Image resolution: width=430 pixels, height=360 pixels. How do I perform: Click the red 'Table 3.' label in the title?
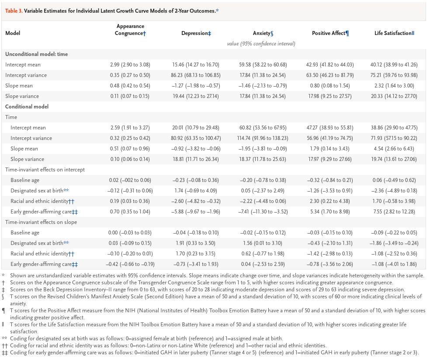(14, 11)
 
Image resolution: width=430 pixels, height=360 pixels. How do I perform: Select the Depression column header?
(196, 33)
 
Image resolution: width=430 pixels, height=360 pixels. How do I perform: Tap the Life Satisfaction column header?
(394, 33)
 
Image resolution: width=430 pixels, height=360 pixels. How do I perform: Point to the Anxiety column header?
(263, 33)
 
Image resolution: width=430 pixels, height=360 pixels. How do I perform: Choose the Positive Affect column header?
(330, 33)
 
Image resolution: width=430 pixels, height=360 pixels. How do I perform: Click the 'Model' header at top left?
(13, 33)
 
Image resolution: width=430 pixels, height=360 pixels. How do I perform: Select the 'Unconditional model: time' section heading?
(36, 54)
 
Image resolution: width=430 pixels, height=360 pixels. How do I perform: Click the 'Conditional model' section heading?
(27, 107)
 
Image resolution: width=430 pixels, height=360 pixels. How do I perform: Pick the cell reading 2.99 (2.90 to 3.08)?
(130, 65)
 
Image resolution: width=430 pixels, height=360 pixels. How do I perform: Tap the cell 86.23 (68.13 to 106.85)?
(195, 75)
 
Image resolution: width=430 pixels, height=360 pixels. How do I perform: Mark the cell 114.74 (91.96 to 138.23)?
(263, 138)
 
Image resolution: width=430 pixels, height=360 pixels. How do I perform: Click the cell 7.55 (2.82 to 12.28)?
(394, 212)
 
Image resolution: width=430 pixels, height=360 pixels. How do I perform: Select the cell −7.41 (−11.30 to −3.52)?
(263, 212)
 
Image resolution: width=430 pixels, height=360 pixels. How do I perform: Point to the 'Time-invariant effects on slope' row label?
(41, 222)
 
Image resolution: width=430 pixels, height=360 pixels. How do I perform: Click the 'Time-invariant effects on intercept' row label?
(45, 170)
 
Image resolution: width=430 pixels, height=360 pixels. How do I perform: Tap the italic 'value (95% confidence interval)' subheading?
(261, 44)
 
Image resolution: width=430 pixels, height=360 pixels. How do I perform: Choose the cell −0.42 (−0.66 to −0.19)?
(130, 264)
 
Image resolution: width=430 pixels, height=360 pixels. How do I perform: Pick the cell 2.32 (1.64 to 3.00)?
(394, 86)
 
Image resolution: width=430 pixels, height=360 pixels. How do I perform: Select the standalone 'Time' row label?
(11, 117)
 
